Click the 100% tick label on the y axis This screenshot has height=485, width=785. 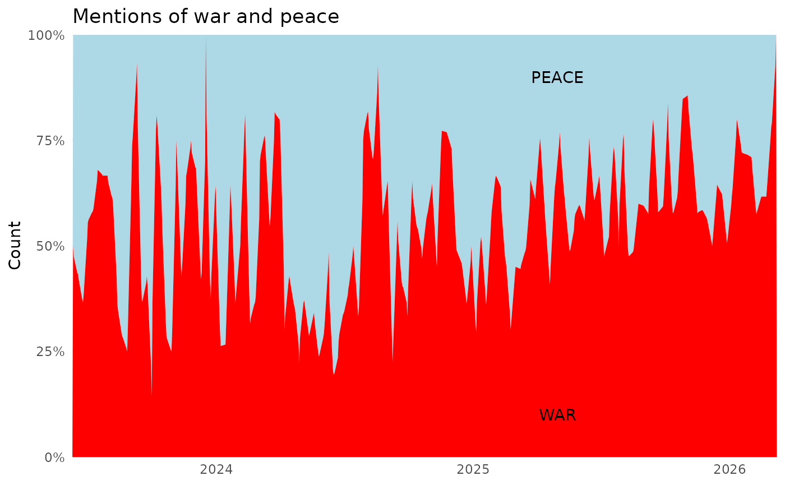pos(47,36)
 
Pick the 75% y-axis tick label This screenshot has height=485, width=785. pos(49,141)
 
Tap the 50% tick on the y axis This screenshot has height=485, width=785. pos(49,246)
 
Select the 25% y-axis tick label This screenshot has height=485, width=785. pos(49,352)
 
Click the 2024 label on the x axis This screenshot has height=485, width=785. pos(216,469)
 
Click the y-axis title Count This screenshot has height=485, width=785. pos(15,246)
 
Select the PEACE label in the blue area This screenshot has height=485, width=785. pos(557,78)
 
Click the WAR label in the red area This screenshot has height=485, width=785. pos(557,415)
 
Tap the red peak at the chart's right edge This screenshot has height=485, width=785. pos(775,45)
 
